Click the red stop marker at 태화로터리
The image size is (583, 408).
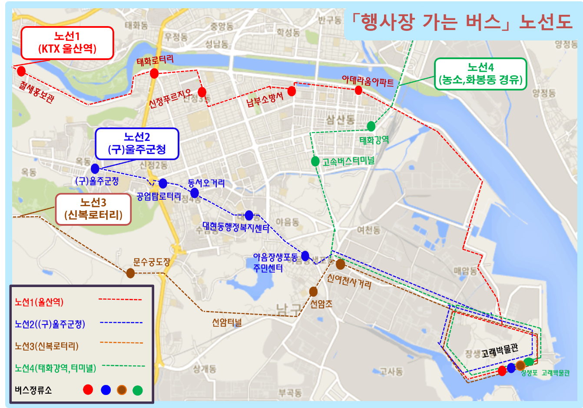point(154,74)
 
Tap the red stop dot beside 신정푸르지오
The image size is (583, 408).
point(202,92)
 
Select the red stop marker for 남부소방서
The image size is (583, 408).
point(291,91)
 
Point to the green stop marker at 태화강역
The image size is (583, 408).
point(371,126)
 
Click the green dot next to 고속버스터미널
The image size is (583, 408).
point(315,161)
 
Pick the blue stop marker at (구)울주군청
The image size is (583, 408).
point(95,169)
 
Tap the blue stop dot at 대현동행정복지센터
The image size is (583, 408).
point(249,215)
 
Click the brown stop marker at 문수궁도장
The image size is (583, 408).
point(130,273)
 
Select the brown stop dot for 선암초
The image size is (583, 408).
point(313,291)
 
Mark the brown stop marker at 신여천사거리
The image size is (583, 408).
point(341,264)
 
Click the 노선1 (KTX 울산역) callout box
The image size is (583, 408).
point(67,43)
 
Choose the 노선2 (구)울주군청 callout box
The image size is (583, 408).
point(137,144)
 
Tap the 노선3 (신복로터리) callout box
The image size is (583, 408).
point(93,209)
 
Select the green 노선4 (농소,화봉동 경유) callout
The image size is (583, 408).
point(480,74)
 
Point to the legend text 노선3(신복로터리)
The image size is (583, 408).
point(47,346)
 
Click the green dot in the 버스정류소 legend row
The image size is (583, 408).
point(138,390)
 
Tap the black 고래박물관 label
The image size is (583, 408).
point(500,351)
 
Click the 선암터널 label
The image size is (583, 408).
point(227,323)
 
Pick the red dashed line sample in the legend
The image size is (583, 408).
point(120,300)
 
